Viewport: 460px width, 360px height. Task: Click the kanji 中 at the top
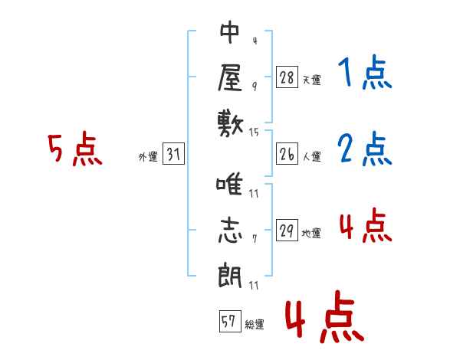coord(230,32)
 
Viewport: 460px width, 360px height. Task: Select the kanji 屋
coord(230,77)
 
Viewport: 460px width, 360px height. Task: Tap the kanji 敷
coord(231,124)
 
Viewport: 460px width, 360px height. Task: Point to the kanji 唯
coord(229,184)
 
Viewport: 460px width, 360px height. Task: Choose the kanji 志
coord(230,230)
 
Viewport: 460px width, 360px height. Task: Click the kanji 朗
coord(230,275)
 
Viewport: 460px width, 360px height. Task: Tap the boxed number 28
coord(287,77)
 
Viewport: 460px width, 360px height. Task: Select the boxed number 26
coord(287,154)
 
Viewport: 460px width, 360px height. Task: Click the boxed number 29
coord(287,230)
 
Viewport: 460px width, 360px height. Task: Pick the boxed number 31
coord(173,153)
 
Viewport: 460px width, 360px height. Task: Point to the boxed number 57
coord(230,321)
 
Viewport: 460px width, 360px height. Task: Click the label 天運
coord(312,80)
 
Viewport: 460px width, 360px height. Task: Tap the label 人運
coord(312,156)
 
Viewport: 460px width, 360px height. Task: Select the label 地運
coord(311,233)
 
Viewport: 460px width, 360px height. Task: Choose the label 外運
coord(148,157)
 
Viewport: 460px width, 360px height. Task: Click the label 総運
coord(255,324)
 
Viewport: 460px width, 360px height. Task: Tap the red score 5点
coord(75,149)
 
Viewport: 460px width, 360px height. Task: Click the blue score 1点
coord(365,72)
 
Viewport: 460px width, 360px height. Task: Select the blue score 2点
coord(365,149)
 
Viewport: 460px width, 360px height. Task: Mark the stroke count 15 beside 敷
coord(254,133)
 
